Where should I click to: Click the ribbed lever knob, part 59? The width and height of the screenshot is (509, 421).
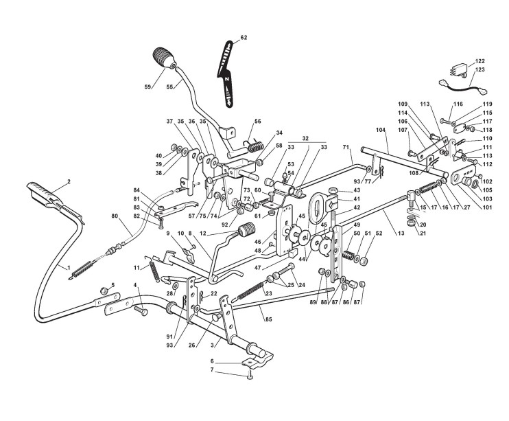(164, 58)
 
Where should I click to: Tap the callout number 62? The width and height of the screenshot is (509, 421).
(244, 37)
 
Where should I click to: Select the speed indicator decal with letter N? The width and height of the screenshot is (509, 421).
(227, 74)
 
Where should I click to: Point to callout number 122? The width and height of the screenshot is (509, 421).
(480, 61)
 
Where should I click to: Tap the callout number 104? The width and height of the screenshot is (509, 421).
(381, 130)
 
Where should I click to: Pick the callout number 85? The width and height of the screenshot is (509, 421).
(268, 319)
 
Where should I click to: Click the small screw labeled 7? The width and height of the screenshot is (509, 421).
(250, 377)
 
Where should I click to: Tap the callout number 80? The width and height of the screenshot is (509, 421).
(115, 215)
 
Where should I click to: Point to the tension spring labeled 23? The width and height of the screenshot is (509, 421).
(250, 291)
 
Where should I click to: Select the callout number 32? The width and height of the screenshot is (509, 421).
(305, 138)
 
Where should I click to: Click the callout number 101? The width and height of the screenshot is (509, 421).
(487, 207)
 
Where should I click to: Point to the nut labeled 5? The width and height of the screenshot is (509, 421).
(104, 291)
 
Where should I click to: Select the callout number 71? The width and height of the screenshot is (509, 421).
(346, 147)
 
